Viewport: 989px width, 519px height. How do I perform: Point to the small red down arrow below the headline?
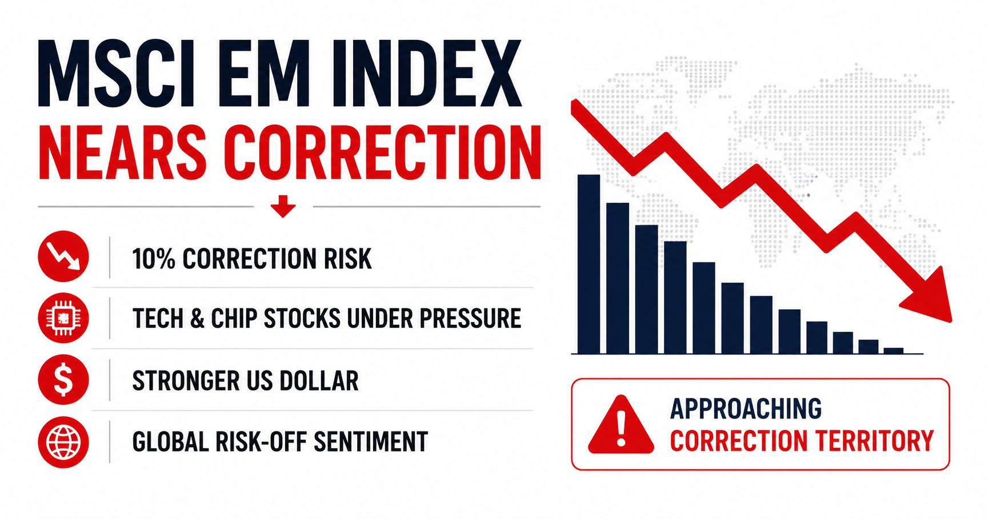point(283,206)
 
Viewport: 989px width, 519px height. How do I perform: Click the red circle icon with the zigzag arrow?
point(63,256)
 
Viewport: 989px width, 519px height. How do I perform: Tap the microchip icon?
point(63,318)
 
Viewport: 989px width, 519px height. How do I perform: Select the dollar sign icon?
point(63,380)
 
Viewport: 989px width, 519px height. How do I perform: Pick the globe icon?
point(63,442)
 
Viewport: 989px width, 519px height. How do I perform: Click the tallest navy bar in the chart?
point(589,264)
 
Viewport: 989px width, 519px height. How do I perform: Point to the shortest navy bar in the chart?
point(894,351)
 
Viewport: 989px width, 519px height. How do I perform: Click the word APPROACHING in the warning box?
point(746,409)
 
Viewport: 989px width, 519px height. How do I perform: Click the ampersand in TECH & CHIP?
point(197,319)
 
